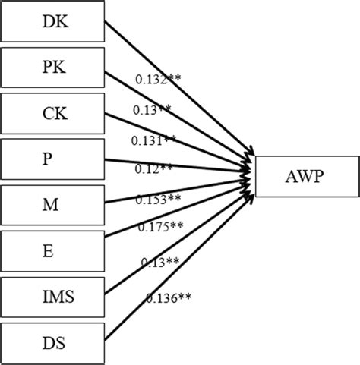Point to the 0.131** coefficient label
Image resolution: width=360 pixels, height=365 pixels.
pos(153,140)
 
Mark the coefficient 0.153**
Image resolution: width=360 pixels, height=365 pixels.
pos(158,199)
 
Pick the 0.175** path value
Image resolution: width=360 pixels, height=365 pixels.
pos(161,226)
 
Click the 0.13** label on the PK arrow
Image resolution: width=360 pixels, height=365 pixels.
pos(153,110)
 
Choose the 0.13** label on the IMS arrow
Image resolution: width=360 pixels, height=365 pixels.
pos(159,262)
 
